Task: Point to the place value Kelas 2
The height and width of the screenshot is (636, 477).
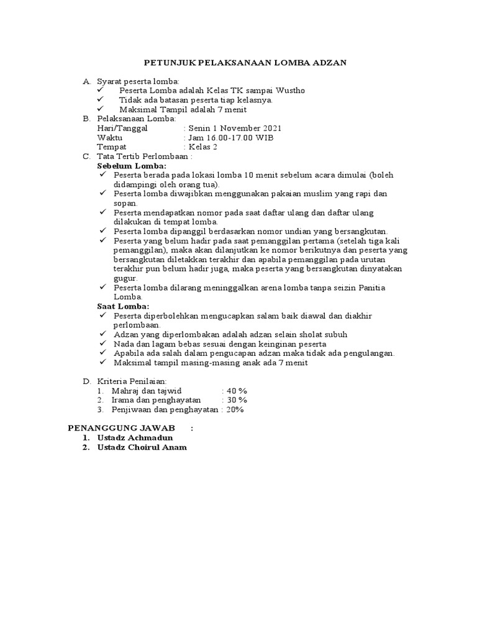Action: point(203,147)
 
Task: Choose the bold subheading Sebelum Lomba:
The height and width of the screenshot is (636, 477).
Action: point(132,166)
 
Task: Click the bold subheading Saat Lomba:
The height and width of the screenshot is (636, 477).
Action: point(123,306)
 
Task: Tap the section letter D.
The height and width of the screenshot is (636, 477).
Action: point(87,381)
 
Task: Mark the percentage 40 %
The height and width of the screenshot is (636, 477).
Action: point(237,391)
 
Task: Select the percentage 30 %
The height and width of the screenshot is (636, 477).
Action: point(237,400)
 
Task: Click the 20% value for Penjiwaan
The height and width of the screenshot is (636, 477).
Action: point(234,410)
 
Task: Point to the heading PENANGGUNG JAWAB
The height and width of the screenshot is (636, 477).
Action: point(121,429)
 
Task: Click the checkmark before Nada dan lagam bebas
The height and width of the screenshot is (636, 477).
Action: point(103,343)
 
